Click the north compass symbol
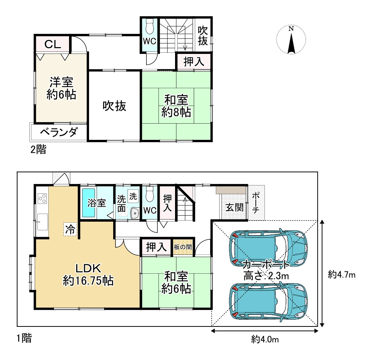(291, 39)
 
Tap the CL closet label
(53, 44)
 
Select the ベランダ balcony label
(58, 132)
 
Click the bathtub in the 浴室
(89, 202)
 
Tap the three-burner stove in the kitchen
(43, 198)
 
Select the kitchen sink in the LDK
(43, 222)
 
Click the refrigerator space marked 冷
(70, 229)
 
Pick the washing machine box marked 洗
(133, 196)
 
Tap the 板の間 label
(183, 247)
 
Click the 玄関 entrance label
(234, 207)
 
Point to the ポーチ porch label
(256, 203)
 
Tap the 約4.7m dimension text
(342, 274)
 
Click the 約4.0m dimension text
(265, 340)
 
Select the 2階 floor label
(38, 150)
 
